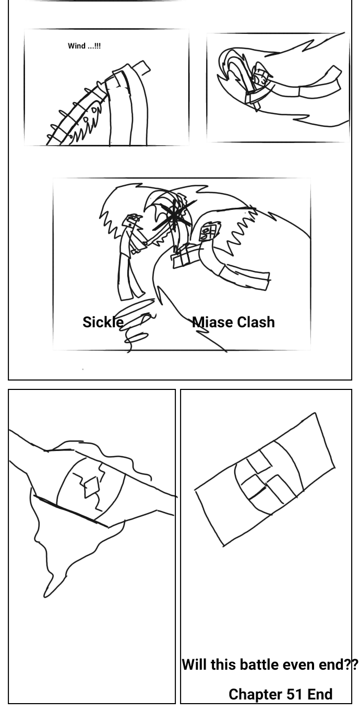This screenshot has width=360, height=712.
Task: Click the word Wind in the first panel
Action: pyautogui.click(x=77, y=46)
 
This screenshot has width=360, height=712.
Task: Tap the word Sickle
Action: pyautogui.click(x=103, y=322)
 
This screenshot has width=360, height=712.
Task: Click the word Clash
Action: pyautogui.click(x=256, y=322)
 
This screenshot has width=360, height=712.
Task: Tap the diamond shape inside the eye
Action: pyautogui.click(x=92, y=486)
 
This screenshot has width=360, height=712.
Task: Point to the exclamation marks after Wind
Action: pyautogui.click(x=98, y=46)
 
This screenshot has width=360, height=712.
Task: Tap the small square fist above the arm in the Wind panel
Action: pyautogui.click(x=141, y=68)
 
